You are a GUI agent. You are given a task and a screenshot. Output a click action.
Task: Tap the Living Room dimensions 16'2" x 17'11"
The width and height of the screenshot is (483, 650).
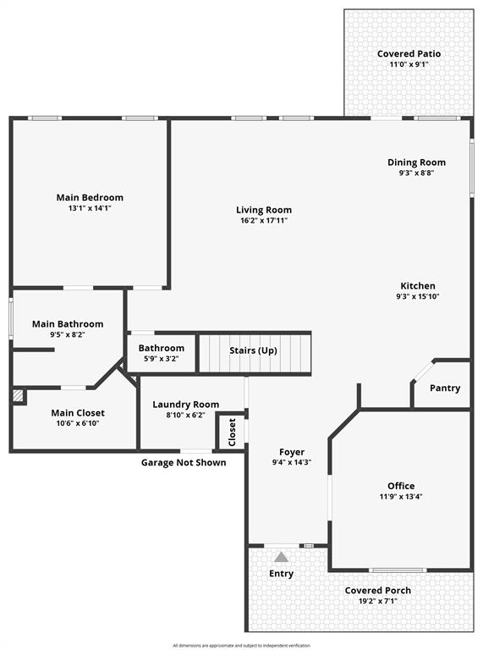(x=264, y=221)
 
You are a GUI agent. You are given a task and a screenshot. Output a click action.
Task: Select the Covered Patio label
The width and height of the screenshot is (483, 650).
(x=409, y=53)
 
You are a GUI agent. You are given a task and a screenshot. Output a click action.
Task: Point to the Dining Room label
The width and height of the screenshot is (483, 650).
(x=416, y=162)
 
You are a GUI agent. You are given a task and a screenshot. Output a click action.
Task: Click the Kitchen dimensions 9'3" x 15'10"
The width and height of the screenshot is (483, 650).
(x=417, y=297)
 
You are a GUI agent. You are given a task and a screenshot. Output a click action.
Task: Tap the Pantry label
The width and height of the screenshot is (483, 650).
(x=445, y=388)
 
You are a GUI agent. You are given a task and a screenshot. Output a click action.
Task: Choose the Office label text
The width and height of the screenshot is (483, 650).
(x=401, y=486)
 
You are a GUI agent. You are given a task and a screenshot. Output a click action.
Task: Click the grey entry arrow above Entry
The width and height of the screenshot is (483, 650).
(x=281, y=556)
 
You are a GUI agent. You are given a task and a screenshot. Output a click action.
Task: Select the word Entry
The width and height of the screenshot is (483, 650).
(x=281, y=574)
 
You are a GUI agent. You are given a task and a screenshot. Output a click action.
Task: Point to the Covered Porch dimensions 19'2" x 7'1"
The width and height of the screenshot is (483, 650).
(x=377, y=602)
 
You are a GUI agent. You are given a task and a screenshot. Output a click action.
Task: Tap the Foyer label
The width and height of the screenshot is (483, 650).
(x=292, y=452)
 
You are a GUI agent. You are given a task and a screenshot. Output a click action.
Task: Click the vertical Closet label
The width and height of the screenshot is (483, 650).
(x=232, y=432)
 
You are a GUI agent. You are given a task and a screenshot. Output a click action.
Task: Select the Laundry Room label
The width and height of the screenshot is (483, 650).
(x=185, y=405)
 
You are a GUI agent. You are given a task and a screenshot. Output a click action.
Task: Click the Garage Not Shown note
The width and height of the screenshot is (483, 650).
(x=184, y=463)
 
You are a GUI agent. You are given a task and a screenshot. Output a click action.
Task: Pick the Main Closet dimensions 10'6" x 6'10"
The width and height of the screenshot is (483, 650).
(x=78, y=424)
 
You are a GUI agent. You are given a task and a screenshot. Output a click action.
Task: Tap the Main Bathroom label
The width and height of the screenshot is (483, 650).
(x=68, y=323)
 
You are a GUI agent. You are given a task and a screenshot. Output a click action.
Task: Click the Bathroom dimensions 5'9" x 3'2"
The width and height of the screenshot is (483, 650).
(x=161, y=359)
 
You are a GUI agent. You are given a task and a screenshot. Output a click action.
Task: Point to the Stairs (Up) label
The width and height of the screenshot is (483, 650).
(x=253, y=350)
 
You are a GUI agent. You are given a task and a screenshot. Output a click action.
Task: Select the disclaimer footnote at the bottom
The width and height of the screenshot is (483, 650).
(x=241, y=645)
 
